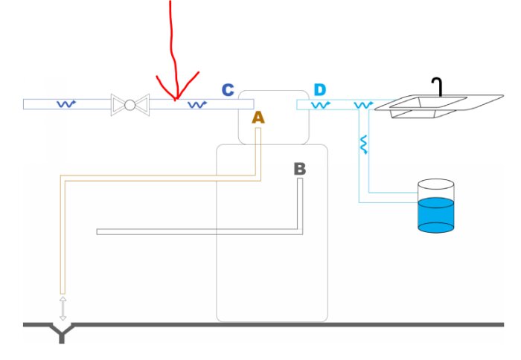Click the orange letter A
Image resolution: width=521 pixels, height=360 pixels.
[x=258, y=118]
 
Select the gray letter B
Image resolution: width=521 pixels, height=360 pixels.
[x=299, y=169]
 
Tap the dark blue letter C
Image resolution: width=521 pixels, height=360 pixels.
[x=228, y=91]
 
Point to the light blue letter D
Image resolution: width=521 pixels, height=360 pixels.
[x=319, y=91]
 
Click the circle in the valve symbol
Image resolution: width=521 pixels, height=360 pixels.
[x=130, y=105]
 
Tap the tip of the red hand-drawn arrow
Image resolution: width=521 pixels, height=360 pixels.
[x=176, y=98]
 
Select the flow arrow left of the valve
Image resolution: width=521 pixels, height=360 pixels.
[x=67, y=105]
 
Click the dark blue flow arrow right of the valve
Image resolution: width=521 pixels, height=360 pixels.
[x=196, y=105]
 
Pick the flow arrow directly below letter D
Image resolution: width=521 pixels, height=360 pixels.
[x=321, y=106]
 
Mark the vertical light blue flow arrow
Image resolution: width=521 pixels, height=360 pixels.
[x=364, y=144]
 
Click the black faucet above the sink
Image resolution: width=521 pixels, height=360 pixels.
[x=439, y=86]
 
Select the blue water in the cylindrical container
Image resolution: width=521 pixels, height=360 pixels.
[x=436, y=215]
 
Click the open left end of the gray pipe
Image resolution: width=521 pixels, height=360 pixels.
[x=99, y=231]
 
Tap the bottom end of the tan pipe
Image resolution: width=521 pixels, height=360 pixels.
[x=63, y=291]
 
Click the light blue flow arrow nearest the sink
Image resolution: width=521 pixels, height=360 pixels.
[x=364, y=106]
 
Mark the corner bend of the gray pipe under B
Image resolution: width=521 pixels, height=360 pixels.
[x=300, y=231]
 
